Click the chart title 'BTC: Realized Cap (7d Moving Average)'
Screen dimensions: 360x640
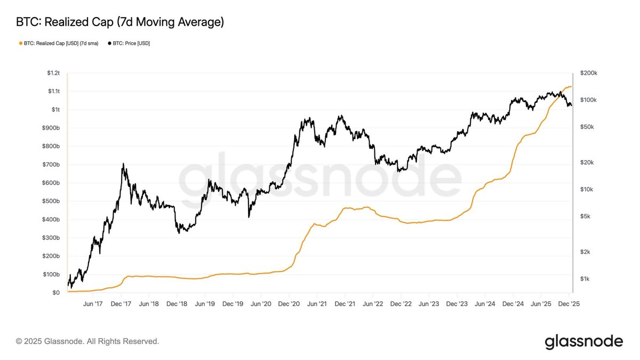(120, 22)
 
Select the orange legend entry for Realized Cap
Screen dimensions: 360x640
(58, 43)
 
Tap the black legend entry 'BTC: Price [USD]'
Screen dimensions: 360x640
(129, 43)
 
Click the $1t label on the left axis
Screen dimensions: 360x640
(55, 109)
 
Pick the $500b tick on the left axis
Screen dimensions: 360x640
(52, 201)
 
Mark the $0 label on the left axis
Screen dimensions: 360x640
(56, 293)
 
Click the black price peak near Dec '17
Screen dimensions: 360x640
(123, 164)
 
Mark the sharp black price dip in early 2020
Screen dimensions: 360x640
(249, 217)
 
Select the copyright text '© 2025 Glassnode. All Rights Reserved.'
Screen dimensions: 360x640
(87, 341)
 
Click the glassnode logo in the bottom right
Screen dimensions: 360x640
(583, 341)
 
